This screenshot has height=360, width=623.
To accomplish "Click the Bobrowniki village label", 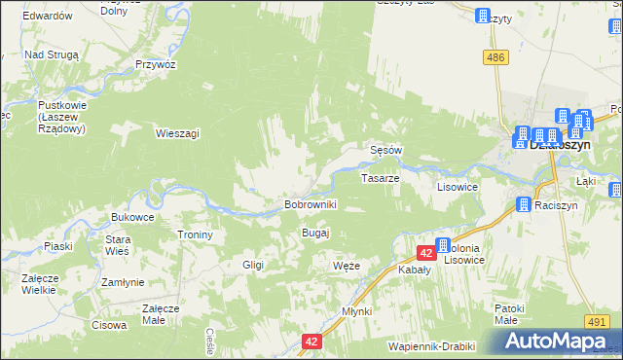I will click(x=310, y=205).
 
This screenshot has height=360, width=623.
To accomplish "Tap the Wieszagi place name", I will click(x=177, y=133).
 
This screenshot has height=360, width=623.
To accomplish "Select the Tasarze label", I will click(x=380, y=179).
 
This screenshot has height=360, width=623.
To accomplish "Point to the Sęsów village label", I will click(x=386, y=151).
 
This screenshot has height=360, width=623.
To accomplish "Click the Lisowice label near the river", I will click(x=457, y=187).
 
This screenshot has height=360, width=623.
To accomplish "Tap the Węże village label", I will click(x=347, y=266).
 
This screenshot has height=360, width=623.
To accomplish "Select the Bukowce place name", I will click(x=133, y=216).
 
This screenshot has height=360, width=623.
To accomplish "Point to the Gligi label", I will click(x=253, y=265).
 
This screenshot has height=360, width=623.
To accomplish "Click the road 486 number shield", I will click(x=496, y=58).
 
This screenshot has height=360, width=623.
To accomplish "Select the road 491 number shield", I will click(x=598, y=320).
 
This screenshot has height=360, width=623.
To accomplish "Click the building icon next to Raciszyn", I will click(x=523, y=205).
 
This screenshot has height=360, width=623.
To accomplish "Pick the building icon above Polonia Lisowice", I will click(x=443, y=245).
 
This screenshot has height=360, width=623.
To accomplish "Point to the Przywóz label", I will click(x=156, y=63).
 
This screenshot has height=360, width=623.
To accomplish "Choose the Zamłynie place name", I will click(x=123, y=282).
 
